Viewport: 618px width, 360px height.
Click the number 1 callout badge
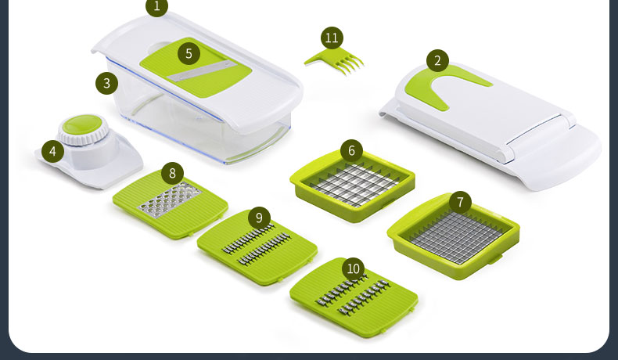point(157,6)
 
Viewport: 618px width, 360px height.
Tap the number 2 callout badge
point(437,61)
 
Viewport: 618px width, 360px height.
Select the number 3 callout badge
point(107,83)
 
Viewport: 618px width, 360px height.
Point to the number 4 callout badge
point(53,151)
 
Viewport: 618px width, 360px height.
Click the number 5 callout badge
point(189,54)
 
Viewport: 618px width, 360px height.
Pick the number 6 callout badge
point(351,150)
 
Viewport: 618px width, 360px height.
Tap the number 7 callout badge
point(460,202)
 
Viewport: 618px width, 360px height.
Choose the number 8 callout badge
point(172,174)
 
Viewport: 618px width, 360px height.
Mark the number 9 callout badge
point(259,218)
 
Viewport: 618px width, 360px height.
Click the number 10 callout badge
point(353,269)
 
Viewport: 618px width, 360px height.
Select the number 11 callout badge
point(332,38)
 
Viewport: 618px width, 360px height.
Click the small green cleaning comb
point(335,61)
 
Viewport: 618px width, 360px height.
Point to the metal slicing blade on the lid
point(202,71)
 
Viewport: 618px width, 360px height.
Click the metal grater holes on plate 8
point(170,200)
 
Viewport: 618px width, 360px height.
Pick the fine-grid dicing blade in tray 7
point(456,237)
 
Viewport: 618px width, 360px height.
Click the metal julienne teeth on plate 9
point(256,244)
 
